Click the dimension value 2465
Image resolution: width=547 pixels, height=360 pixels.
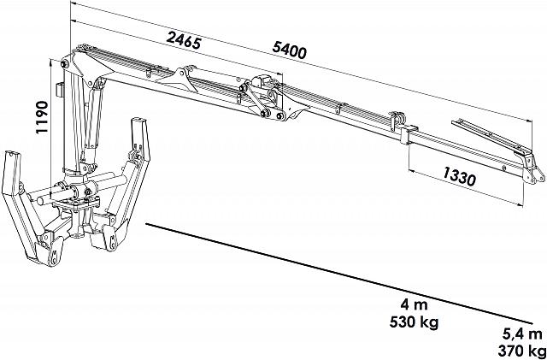pyautogui.click(x=184, y=40)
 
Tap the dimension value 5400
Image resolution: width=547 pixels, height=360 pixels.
pyautogui.click(x=289, y=51)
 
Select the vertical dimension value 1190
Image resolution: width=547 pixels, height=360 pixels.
pyautogui.click(x=42, y=117)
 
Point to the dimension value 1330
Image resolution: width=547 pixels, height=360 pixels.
pyautogui.click(x=460, y=176)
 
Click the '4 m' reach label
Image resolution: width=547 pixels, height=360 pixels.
pyautogui.click(x=414, y=304)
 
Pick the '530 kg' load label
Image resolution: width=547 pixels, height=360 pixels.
pyautogui.click(x=414, y=322)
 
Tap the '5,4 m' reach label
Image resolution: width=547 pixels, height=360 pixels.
pyautogui.click(x=522, y=334)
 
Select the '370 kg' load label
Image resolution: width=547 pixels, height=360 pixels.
pyautogui.click(x=522, y=350)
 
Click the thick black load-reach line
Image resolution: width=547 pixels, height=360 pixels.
pyautogui.click(x=339, y=274)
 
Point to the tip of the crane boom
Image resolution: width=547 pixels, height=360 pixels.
pyautogui.click(x=536, y=174)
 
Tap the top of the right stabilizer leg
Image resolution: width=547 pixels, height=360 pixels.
pyautogui.click(x=139, y=123)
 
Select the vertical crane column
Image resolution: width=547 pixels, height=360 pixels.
pyautogui.click(x=72, y=119)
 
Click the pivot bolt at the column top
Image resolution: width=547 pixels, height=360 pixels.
pyautogui.click(x=64, y=64)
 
